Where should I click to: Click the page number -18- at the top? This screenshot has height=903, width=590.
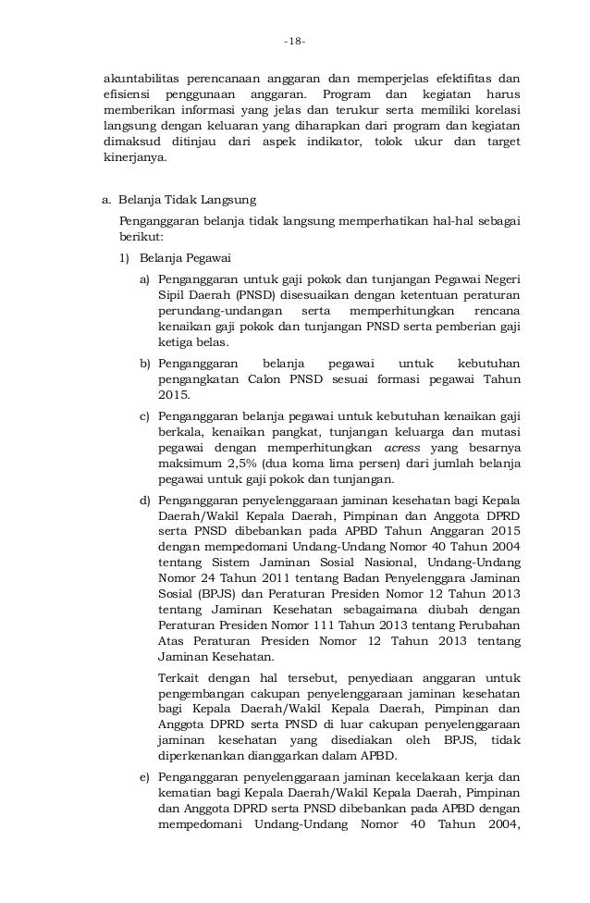295,42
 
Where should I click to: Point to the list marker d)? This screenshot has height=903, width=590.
145,501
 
